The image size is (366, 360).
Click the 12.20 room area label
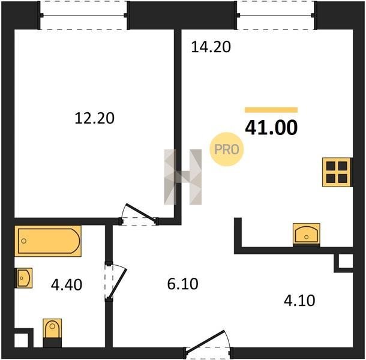(95, 118)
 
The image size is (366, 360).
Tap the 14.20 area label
(211, 47)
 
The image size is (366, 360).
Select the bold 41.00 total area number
(271, 127)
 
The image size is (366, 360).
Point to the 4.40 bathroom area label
(67, 285)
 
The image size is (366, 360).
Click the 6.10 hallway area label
(183, 284)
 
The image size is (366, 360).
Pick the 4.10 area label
(299, 301)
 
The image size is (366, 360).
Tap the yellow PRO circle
(227, 149)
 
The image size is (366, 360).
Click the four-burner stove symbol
(337, 172)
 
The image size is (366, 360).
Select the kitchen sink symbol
(307, 235)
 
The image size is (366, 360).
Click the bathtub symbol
(48, 241)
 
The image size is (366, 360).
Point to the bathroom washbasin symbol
(23, 278)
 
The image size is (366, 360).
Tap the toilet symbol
(52, 332)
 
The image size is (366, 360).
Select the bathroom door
(116, 281)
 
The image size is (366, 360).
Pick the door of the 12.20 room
(139, 215)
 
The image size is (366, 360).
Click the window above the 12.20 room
(84, 16)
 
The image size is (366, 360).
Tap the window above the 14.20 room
(276, 16)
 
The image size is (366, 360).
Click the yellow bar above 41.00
(271, 110)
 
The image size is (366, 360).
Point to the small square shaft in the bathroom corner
(22, 340)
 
